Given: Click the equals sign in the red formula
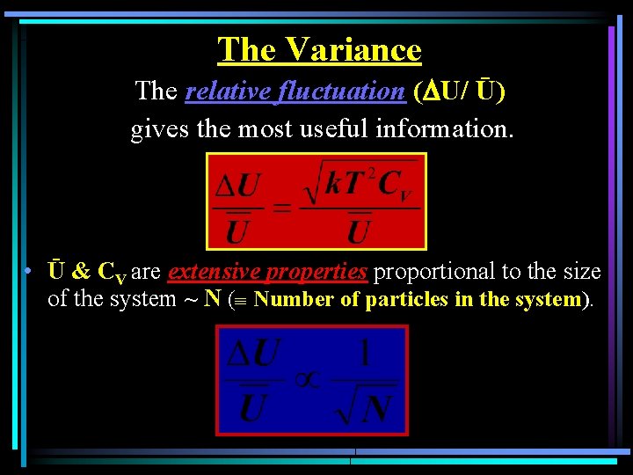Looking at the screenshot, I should (x=282, y=208).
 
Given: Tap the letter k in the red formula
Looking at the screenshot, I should (x=334, y=184).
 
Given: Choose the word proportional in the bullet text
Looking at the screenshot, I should (x=437, y=272).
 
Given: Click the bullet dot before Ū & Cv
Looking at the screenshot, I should (x=29, y=271).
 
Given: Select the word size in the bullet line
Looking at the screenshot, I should (x=582, y=272).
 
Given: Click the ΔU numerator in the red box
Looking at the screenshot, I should (x=238, y=186).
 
